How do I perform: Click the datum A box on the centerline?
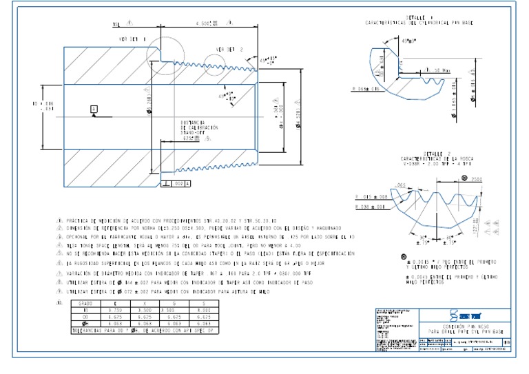pos(93,108)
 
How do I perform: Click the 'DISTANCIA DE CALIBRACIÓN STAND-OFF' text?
pos(198,129)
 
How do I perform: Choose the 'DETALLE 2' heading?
pos(432,154)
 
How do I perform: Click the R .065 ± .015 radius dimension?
pos(367,89)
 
